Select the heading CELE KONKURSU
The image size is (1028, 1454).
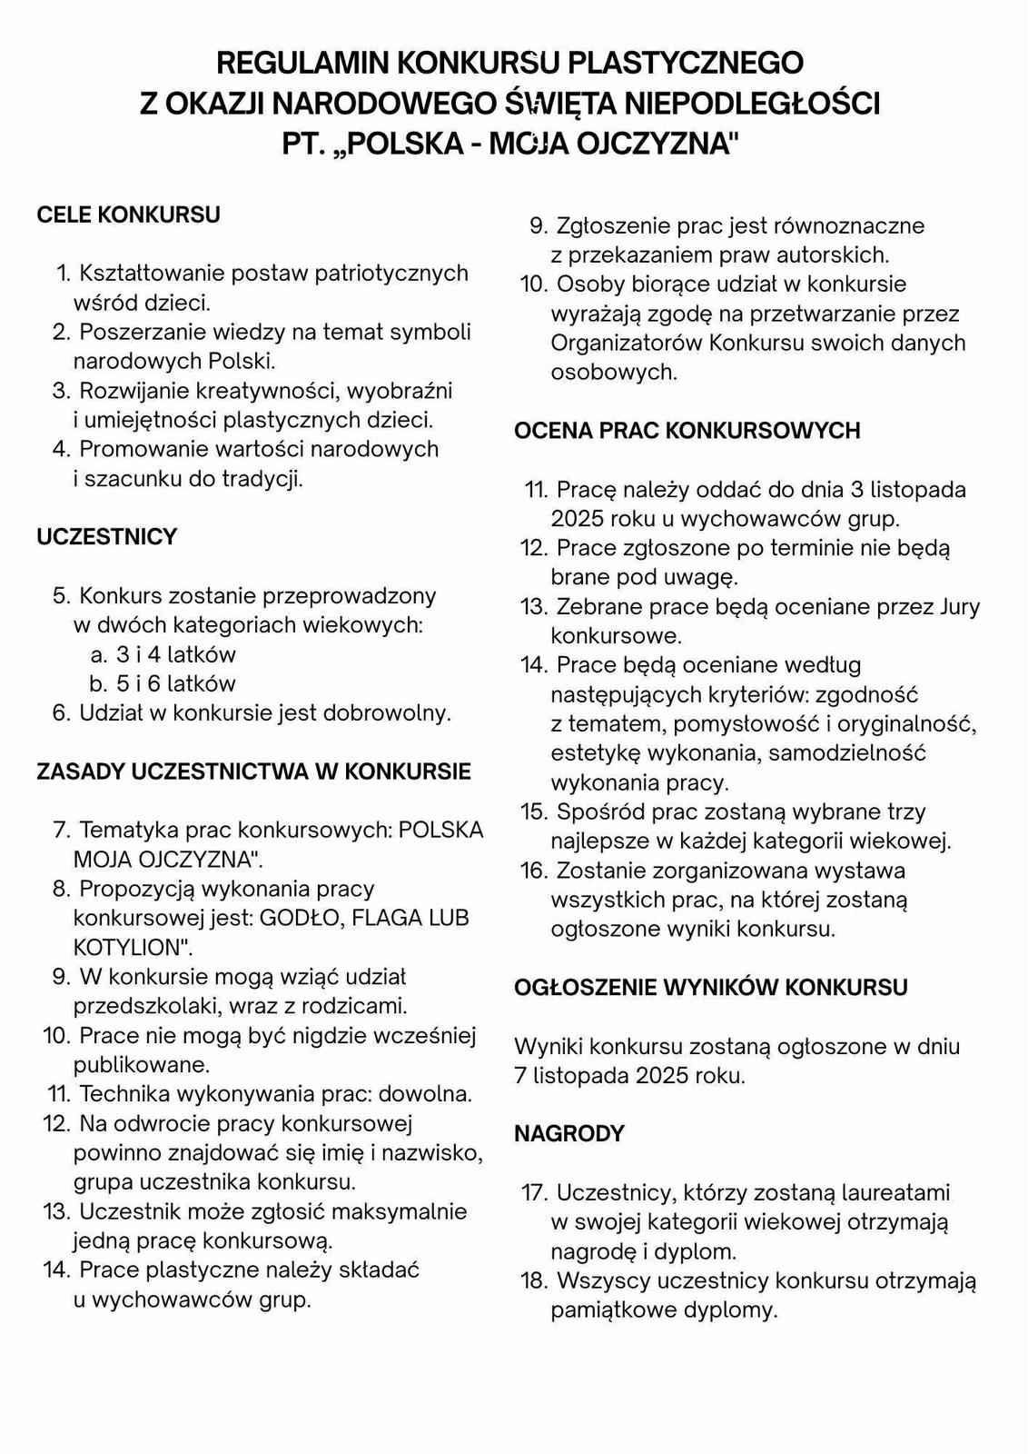[x=128, y=215]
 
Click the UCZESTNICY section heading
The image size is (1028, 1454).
[x=106, y=537]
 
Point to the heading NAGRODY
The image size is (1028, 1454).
[x=569, y=1134]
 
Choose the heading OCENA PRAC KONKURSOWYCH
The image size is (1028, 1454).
[x=687, y=431]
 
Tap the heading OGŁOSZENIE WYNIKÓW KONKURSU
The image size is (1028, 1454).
[x=710, y=988]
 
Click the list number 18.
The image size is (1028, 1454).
[x=532, y=1281]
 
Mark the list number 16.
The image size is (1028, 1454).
[x=532, y=871]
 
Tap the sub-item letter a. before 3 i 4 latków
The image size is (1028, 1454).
[x=99, y=654]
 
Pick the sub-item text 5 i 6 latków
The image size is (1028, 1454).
[x=175, y=683]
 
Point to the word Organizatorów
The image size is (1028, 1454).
[x=627, y=343]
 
